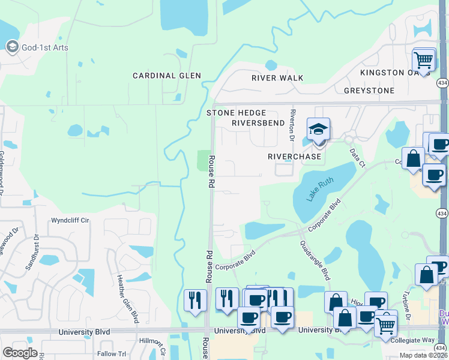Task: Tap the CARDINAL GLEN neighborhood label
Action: [167, 76]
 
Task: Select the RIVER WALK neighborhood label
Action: [277, 78]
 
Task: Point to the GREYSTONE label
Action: [369, 91]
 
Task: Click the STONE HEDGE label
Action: [236, 112]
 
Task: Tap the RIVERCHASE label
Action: [295, 156]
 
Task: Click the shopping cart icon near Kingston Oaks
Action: [424, 60]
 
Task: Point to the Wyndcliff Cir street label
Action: [70, 220]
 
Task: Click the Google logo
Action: [20, 353]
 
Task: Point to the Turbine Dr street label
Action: [407, 308]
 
